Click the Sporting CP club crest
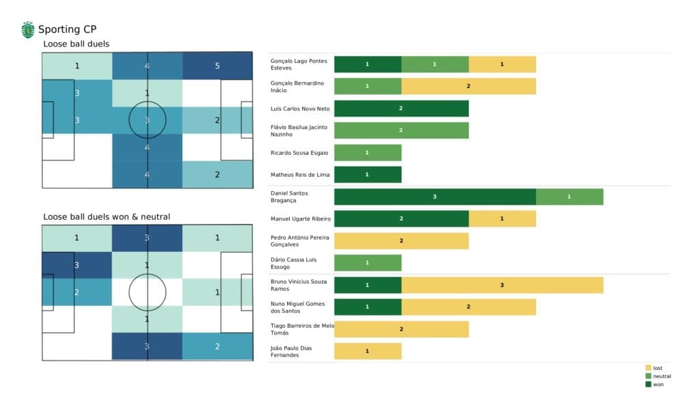(28, 29)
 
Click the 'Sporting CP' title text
(67, 29)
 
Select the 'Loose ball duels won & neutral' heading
(107, 216)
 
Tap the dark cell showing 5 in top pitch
(217, 66)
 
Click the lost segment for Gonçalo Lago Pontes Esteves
(502, 64)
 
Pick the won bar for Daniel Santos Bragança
(435, 197)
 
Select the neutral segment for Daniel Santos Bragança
(569, 197)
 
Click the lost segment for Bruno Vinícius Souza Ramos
(502, 285)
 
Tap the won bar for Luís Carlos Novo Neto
(401, 109)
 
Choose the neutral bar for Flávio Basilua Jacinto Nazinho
(401, 130)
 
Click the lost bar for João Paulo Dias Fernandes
(368, 352)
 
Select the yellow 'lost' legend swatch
(648, 368)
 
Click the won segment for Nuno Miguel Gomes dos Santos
(368, 307)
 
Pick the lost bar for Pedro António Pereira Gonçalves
(401, 241)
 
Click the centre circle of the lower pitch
(148, 292)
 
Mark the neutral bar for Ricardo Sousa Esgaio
(368, 153)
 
